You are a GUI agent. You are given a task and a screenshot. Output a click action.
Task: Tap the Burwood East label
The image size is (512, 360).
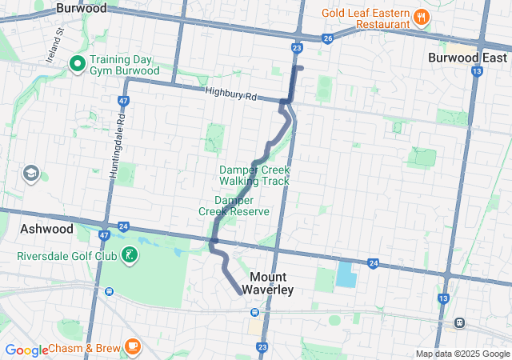click(x=467, y=58)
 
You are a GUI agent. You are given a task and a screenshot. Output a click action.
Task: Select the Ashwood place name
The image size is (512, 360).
click(x=46, y=229)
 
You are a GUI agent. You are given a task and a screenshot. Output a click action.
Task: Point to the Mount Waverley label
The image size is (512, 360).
click(x=266, y=283)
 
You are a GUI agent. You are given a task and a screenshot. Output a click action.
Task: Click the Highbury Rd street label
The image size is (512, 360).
click(x=230, y=95)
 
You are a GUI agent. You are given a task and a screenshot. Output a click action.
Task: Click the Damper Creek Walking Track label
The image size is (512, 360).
click(x=254, y=175)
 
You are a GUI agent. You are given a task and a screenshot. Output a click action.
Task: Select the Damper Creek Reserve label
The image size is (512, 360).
click(x=234, y=205)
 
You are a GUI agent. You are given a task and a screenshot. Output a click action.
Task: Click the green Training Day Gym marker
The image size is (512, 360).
click(x=78, y=64)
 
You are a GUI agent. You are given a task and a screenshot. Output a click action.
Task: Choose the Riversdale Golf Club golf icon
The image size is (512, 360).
click(x=127, y=257)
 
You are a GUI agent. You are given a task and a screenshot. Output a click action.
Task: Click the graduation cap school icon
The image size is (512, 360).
click(x=31, y=174)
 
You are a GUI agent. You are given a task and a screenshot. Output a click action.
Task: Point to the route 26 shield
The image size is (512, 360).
click(x=327, y=38)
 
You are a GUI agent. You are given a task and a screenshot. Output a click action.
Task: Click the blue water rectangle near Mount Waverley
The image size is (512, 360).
click(x=345, y=275)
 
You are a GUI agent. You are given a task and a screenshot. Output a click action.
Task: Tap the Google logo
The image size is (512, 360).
click(x=26, y=350)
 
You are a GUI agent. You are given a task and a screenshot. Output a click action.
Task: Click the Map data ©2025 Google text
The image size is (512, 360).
click(x=462, y=354)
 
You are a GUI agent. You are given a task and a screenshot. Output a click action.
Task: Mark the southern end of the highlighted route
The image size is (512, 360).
click(x=240, y=294)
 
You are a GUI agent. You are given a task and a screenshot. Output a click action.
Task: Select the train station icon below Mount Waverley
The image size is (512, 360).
click(x=254, y=312)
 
